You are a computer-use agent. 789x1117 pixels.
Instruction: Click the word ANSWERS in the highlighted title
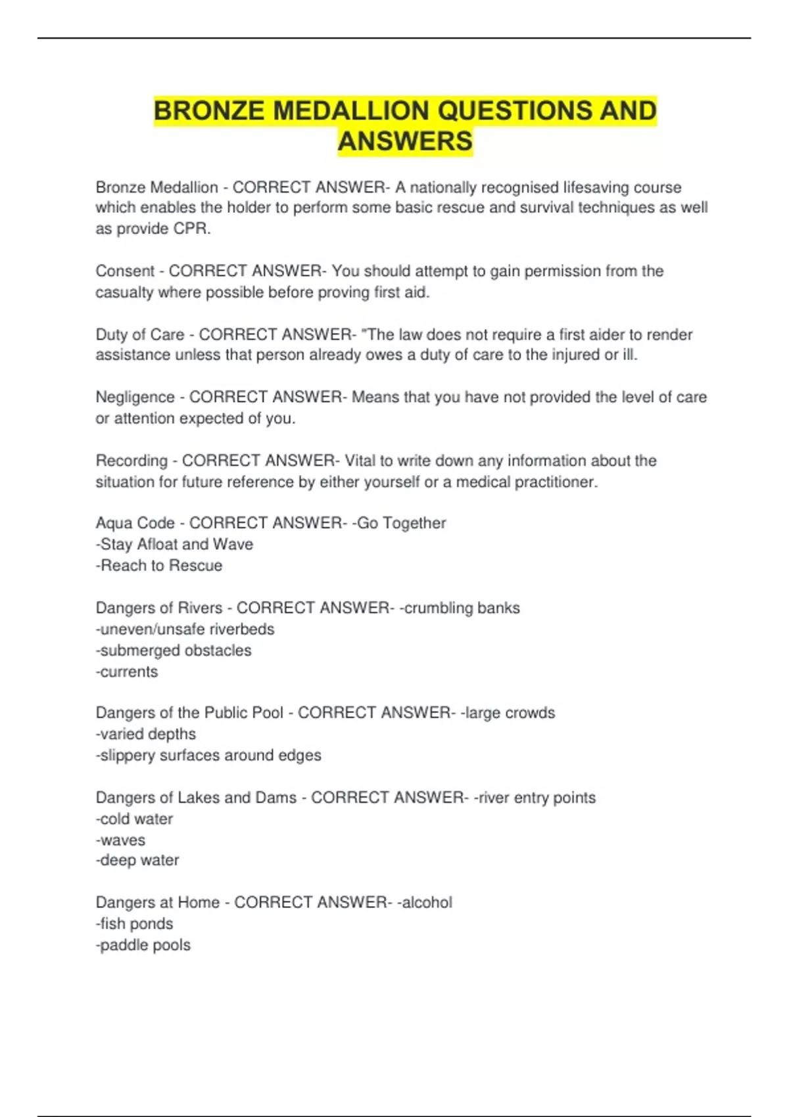(x=405, y=141)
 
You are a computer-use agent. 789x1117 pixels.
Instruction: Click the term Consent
(x=125, y=271)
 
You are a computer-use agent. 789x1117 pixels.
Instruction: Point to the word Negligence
(x=135, y=397)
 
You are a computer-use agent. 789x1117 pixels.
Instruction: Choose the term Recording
(x=131, y=461)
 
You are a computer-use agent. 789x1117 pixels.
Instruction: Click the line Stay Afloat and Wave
(x=174, y=544)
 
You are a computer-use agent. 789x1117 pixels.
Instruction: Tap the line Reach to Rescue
(x=159, y=566)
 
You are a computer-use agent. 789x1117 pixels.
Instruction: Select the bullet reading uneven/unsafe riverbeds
(x=185, y=629)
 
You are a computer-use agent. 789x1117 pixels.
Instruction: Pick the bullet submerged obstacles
(x=174, y=650)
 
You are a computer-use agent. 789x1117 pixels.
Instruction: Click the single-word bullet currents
(x=127, y=672)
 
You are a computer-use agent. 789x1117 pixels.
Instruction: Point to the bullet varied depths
(x=146, y=734)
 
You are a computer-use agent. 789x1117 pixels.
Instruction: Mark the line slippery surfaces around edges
(x=208, y=755)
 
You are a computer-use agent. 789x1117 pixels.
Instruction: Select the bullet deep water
(x=137, y=860)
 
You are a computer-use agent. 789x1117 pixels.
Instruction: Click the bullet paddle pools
(x=143, y=945)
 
